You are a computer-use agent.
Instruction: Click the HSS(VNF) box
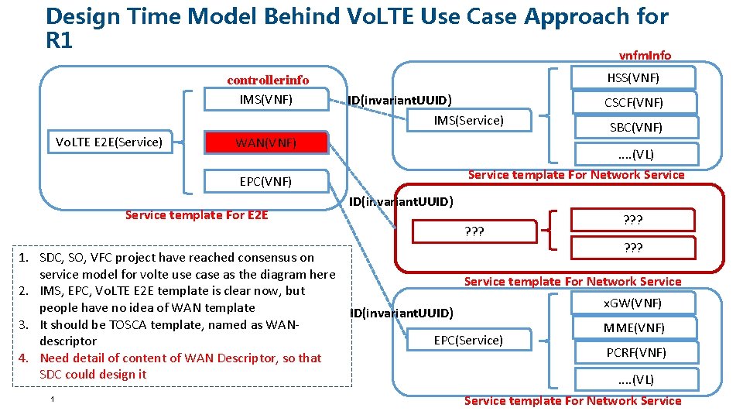tap(632, 77)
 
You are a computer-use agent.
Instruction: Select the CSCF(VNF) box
tap(633, 102)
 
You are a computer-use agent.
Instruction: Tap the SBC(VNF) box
tap(633, 127)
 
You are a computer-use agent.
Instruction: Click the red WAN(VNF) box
tap(265, 142)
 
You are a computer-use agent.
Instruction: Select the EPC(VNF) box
tap(265, 182)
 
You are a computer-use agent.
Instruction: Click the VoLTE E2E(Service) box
tap(109, 142)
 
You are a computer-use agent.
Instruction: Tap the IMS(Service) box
tap(468, 120)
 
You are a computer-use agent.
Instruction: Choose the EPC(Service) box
tap(468, 340)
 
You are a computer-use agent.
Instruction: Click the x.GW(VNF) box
tap(633, 303)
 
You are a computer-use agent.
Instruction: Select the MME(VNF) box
tap(633, 327)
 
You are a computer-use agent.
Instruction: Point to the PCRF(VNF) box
tap(633, 352)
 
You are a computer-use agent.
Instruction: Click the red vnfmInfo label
tap(645, 55)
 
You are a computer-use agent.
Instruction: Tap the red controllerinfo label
tap(268, 80)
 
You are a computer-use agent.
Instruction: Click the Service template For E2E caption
tap(197, 215)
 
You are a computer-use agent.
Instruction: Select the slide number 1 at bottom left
tap(51, 399)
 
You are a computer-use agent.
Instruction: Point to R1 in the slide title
tap(60, 40)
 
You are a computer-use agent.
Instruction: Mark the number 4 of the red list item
tap(23, 358)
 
